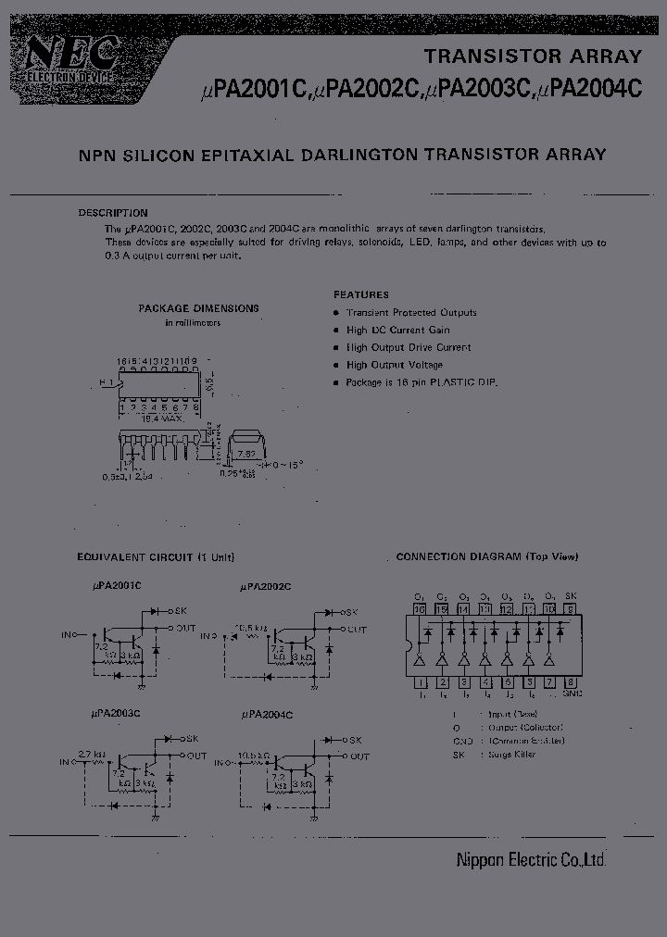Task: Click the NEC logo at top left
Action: click(x=65, y=61)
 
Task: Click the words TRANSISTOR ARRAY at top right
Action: click(x=533, y=56)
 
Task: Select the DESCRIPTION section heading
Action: click(x=113, y=213)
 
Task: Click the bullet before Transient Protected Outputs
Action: click(x=336, y=313)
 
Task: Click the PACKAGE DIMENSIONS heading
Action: click(x=198, y=308)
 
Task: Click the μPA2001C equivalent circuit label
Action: click(x=116, y=585)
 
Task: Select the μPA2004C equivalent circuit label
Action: click(x=267, y=715)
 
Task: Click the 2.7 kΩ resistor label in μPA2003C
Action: click(x=92, y=754)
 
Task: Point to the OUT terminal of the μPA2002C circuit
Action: click(x=357, y=630)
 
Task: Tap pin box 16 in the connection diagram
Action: click(x=419, y=609)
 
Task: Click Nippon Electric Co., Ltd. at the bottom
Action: click(x=531, y=860)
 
